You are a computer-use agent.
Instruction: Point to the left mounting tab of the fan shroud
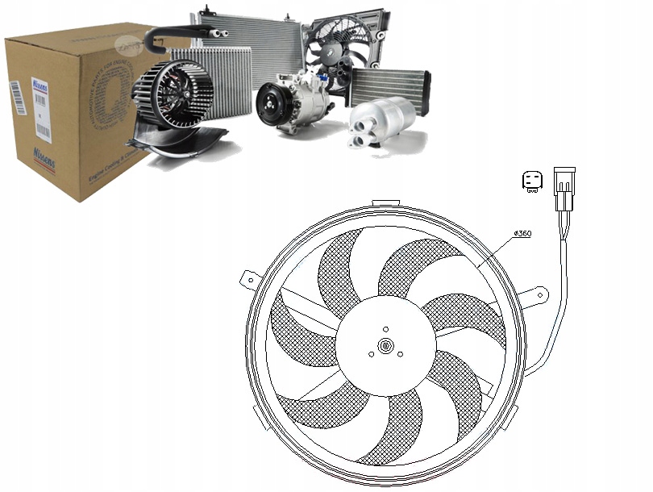[249, 280]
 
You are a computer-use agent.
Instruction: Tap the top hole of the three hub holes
[387, 329]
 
